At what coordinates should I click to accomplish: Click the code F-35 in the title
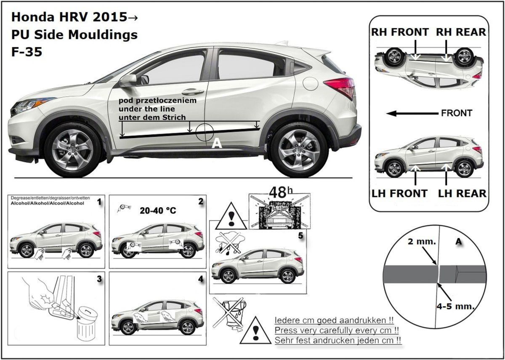[x=27, y=53]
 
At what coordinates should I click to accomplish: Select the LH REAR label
[x=462, y=193]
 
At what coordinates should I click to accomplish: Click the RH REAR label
[x=461, y=32]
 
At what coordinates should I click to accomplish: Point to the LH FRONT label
[x=399, y=193]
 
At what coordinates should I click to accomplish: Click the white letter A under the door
[x=216, y=144]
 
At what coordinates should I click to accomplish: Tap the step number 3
[x=99, y=279]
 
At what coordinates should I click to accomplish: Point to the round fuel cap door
[x=310, y=83]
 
